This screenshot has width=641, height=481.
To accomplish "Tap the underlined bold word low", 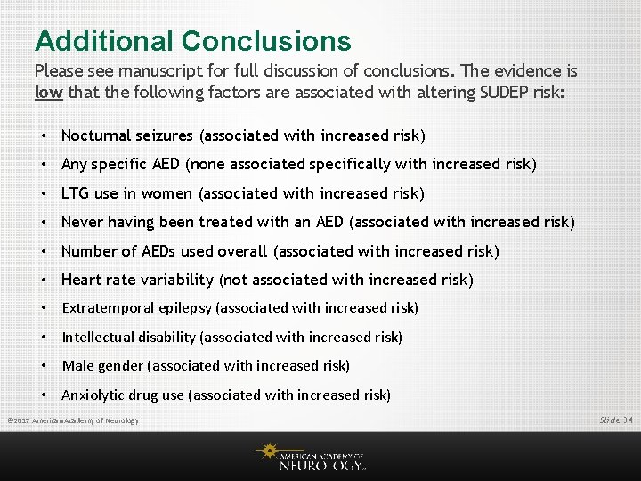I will [x=48, y=92].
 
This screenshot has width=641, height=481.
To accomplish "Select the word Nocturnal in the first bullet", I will [x=95, y=135].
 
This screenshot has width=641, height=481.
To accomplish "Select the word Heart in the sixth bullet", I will [x=81, y=280].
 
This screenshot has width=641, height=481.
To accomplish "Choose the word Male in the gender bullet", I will [x=77, y=365].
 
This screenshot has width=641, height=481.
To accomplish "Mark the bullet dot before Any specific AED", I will [x=43, y=164].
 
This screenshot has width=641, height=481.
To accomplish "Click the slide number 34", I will [x=628, y=420].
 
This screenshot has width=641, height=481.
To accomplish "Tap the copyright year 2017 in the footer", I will [x=21, y=420].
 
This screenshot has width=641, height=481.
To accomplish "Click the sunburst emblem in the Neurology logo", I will [x=268, y=452].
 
